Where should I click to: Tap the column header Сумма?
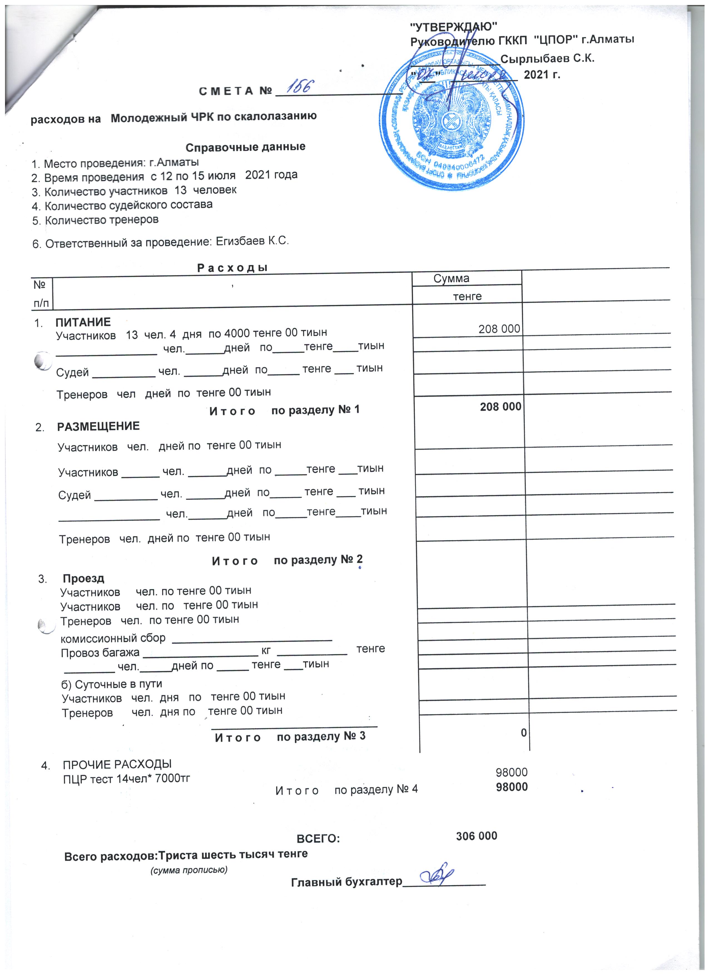(x=451, y=278)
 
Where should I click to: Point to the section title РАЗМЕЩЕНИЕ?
(x=98, y=426)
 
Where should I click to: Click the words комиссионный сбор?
(x=113, y=638)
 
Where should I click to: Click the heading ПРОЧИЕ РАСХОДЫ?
(x=117, y=764)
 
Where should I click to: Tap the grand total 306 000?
(x=476, y=836)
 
